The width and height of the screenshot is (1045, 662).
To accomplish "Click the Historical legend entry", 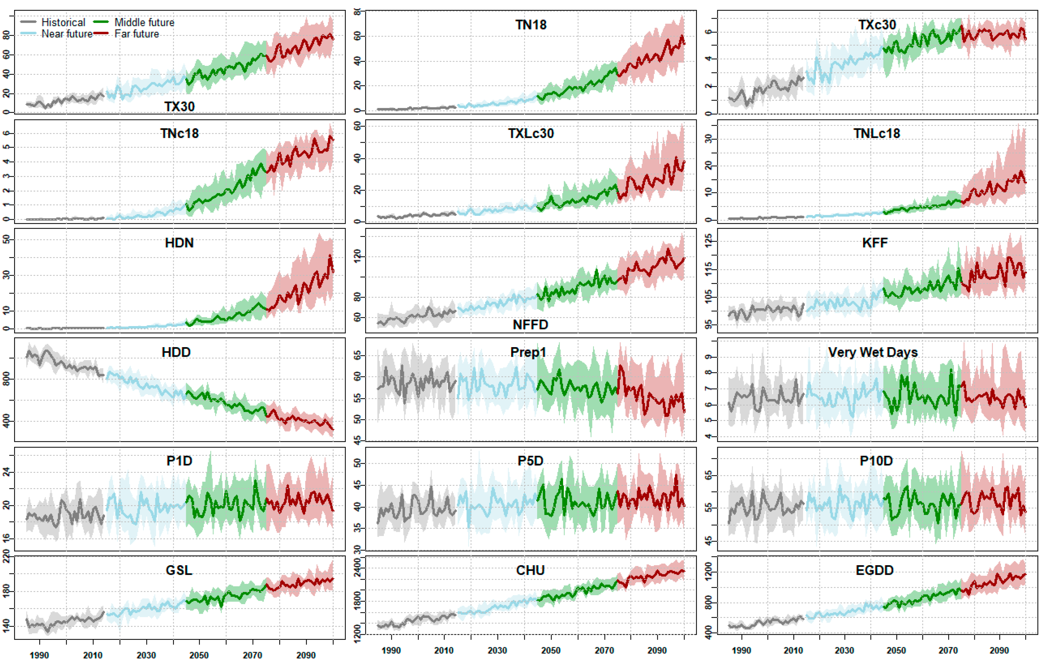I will [x=63, y=22].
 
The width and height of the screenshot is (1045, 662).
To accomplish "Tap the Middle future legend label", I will [x=144, y=22].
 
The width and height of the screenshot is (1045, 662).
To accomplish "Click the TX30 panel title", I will [x=179, y=106].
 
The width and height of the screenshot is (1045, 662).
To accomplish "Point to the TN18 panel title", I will [x=531, y=25].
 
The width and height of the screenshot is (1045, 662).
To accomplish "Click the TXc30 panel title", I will [x=877, y=25].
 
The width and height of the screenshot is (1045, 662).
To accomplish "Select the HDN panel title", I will [x=179, y=243].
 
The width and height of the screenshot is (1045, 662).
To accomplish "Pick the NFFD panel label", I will [x=530, y=325].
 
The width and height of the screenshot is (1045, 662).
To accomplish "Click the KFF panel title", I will [x=875, y=243].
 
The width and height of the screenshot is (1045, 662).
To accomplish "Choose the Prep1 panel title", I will [x=528, y=352].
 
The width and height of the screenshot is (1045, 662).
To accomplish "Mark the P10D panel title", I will [x=876, y=461].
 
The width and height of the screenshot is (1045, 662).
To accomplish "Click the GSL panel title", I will [x=179, y=570].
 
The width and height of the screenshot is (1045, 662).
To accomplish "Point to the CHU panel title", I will [x=530, y=570].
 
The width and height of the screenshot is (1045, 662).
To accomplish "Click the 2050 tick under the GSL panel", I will [x=199, y=655].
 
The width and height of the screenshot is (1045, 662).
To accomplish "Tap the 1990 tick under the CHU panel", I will [x=391, y=650].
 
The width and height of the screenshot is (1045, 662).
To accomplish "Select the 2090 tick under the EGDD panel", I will [x=999, y=650].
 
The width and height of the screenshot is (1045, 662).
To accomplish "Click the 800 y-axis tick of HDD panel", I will [x=6, y=379].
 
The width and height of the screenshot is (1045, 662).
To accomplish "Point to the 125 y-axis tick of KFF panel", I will [x=708, y=240].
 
